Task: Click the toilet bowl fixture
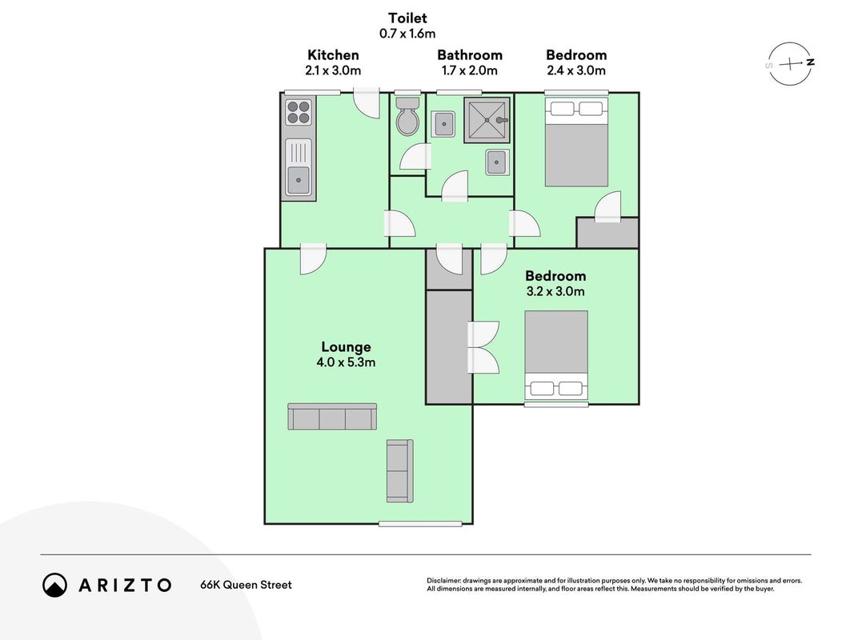pyautogui.click(x=407, y=117)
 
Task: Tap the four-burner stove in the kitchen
pyautogui.click(x=299, y=113)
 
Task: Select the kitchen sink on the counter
pyautogui.click(x=299, y=167)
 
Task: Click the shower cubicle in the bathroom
pyautogui.click(x=487, y=120)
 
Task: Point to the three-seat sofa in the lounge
pyautogui.click(x=332, y=417)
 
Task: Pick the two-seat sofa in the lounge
pyautogui.click(x=399, y=470)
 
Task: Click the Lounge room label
pyautogui.click(x=346, y=347)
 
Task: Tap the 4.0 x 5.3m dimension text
pyautogui.click(x=346, y=362)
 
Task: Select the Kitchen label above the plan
pyautogui.click(x=333, y=55)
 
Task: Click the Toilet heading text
pyautogui.click(x=407, y=18)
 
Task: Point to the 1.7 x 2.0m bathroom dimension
pyautogui.click(x=470, y=70)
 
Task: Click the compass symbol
pyautogui.click(x=790, y=64)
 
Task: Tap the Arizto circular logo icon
pyautogui.click(x=55, y=585)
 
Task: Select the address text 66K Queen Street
pyautogui.click(x=247, y=585)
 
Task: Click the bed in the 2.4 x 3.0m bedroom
pyautogui.click(x=576, y=142)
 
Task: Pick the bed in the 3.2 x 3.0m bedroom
pyautogui.click(x=556, y=355)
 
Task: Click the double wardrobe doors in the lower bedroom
pyautogui.click(x=483, y=347)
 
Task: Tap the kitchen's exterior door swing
pyautogui.click(x=366, y=103)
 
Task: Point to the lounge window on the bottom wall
pyautogui.click(x=420, y=524)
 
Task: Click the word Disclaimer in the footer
pyautogui.click(x=444, y=581)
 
